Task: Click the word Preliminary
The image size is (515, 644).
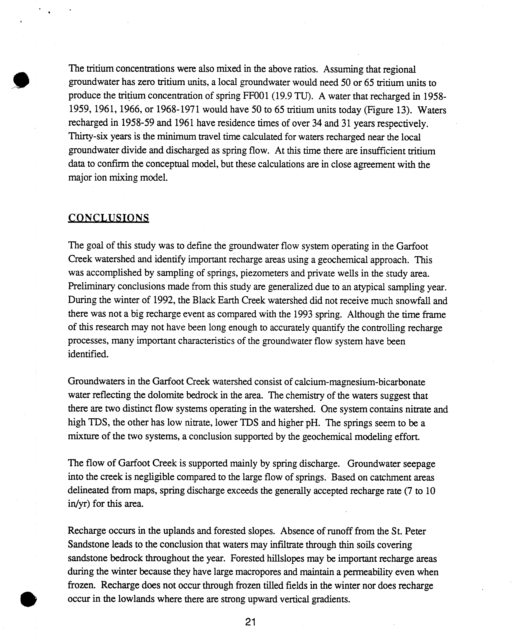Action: (x=91, y=287)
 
